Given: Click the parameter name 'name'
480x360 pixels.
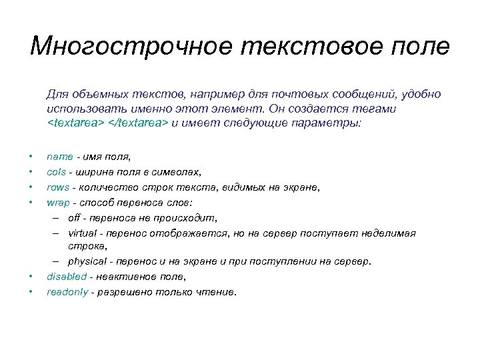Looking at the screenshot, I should [x=59, y=157].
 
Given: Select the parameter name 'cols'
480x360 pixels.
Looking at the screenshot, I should [x=56, y=171].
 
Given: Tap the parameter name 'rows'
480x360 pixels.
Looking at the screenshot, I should [x=57, y=187].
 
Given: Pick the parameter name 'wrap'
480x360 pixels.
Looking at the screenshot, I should [x=58, y=201].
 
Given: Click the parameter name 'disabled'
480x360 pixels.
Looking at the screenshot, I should [x=66, y=276].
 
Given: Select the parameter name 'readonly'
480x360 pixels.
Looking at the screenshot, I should [x=67, y=291].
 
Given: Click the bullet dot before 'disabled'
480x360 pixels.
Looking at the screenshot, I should [x=31, y=277].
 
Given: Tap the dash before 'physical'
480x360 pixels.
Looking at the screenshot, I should [x=54, y=262].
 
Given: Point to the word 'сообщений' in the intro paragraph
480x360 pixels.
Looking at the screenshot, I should [x=367, y=95].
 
